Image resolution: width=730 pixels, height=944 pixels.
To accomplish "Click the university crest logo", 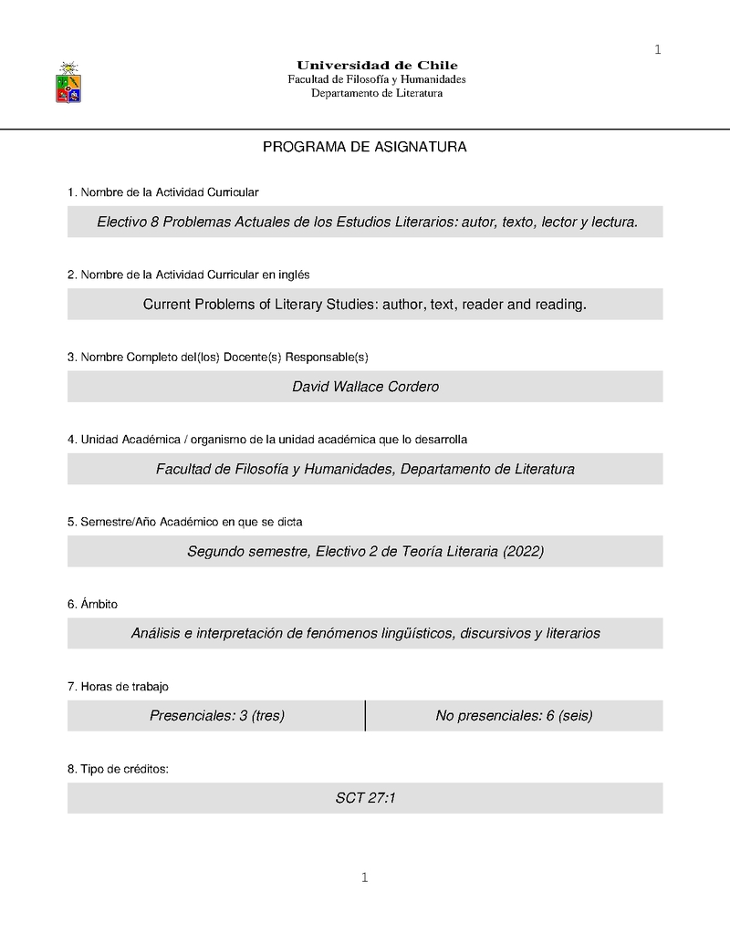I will tap(68, 82).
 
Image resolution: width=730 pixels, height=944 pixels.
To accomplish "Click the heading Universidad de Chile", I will tap(377, 65).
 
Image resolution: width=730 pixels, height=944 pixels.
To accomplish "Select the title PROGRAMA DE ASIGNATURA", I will tap(365, 147).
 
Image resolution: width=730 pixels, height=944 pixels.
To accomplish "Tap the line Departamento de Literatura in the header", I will tap(377, 93).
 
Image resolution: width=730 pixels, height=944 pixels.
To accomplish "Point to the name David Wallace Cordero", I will tap(365, 387).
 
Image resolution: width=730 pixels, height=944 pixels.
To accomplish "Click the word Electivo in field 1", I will tap(121, 222).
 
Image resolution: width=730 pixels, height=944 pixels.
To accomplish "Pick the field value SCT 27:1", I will tap(365, 798).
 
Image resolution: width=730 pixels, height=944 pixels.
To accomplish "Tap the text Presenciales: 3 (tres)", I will tap(217, 716).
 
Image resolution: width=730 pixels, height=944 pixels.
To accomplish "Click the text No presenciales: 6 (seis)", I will tap(514, 716).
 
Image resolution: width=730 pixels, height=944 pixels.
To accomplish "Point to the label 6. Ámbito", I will tap(92, 604).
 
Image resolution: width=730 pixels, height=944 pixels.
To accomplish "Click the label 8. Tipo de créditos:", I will tap(118, 769).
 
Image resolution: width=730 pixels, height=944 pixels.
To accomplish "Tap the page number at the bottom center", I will tap(364, 878).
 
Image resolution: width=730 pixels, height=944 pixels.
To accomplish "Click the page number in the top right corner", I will tap(657, 49).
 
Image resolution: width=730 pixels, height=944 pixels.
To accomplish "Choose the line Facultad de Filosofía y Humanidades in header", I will tap(377, 79).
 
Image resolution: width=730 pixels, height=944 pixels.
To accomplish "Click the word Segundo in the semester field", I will tap(215, 551).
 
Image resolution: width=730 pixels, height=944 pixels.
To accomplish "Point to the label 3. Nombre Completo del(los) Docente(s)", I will tap(217, 357).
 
